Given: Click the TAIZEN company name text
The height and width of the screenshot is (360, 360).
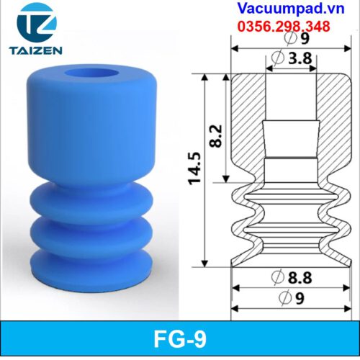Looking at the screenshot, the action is [x=36, y=50].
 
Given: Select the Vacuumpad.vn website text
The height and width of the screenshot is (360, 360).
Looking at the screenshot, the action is [x=291, y=9].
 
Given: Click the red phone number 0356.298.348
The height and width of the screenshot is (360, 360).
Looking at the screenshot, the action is [x=284, y=27].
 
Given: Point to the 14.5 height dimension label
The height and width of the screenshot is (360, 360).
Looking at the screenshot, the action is [x=194, y=168].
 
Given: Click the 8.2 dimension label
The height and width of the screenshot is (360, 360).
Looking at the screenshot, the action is [x=215, y=136].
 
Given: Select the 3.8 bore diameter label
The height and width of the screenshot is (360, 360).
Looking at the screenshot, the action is [x=300, y=58].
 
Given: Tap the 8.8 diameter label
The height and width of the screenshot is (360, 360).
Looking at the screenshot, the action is [x=300, y=278].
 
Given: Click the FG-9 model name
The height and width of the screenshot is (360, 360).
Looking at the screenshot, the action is [x=180, y=339].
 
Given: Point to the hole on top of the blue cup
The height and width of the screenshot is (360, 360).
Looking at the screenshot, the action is [x=92, y=73].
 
